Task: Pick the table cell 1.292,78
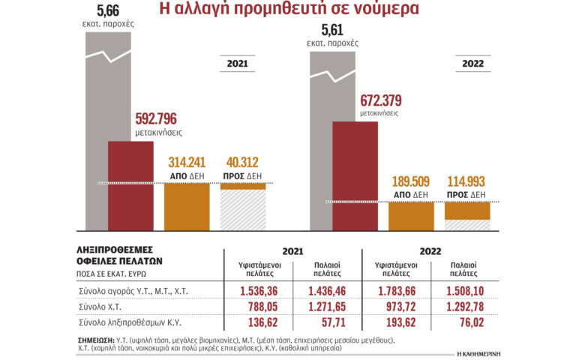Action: (x=465, y=306)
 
